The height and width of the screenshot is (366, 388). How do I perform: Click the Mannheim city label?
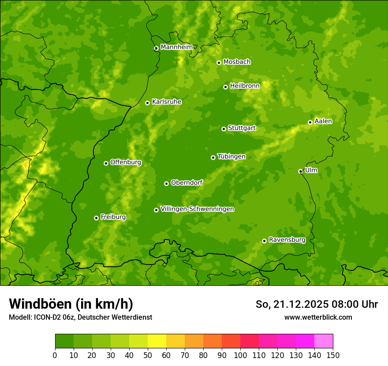tap(176, 47)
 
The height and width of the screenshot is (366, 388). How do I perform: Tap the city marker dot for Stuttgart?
tap(224, 129)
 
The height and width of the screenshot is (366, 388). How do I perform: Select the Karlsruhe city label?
tap(166, 102)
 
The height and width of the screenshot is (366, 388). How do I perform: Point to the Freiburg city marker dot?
tap(96, 218)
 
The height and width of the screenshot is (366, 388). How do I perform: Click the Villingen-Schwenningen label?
tap(197, 209)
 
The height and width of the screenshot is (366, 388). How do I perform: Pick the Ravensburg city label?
tap(287, 240)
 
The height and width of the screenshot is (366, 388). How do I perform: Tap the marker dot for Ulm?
tap(300, 171)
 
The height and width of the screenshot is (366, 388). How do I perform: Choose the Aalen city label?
tap(323, 121)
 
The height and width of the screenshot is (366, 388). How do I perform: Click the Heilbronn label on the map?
tap(245, 86)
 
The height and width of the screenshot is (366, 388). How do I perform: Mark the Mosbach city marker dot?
tap(219, 63)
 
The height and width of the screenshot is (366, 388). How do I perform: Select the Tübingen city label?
tap(231, 157)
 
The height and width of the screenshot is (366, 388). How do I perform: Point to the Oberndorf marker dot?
tap(166, 183)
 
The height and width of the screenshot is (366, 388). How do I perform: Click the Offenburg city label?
tap(125, 162)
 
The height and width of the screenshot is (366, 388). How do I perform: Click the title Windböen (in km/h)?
tap(71, 304)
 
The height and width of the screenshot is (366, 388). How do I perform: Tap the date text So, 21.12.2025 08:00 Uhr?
tap(317, 304)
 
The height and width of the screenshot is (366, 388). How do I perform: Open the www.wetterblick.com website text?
tap(318, 317)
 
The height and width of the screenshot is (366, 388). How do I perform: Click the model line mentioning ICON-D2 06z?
tap(80, 317)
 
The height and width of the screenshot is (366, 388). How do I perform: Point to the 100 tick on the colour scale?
tap(240, 355)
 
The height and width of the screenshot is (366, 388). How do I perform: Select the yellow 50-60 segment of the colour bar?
tap(157, 341)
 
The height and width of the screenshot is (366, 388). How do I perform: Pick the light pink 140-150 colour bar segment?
tap(324, 341)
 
